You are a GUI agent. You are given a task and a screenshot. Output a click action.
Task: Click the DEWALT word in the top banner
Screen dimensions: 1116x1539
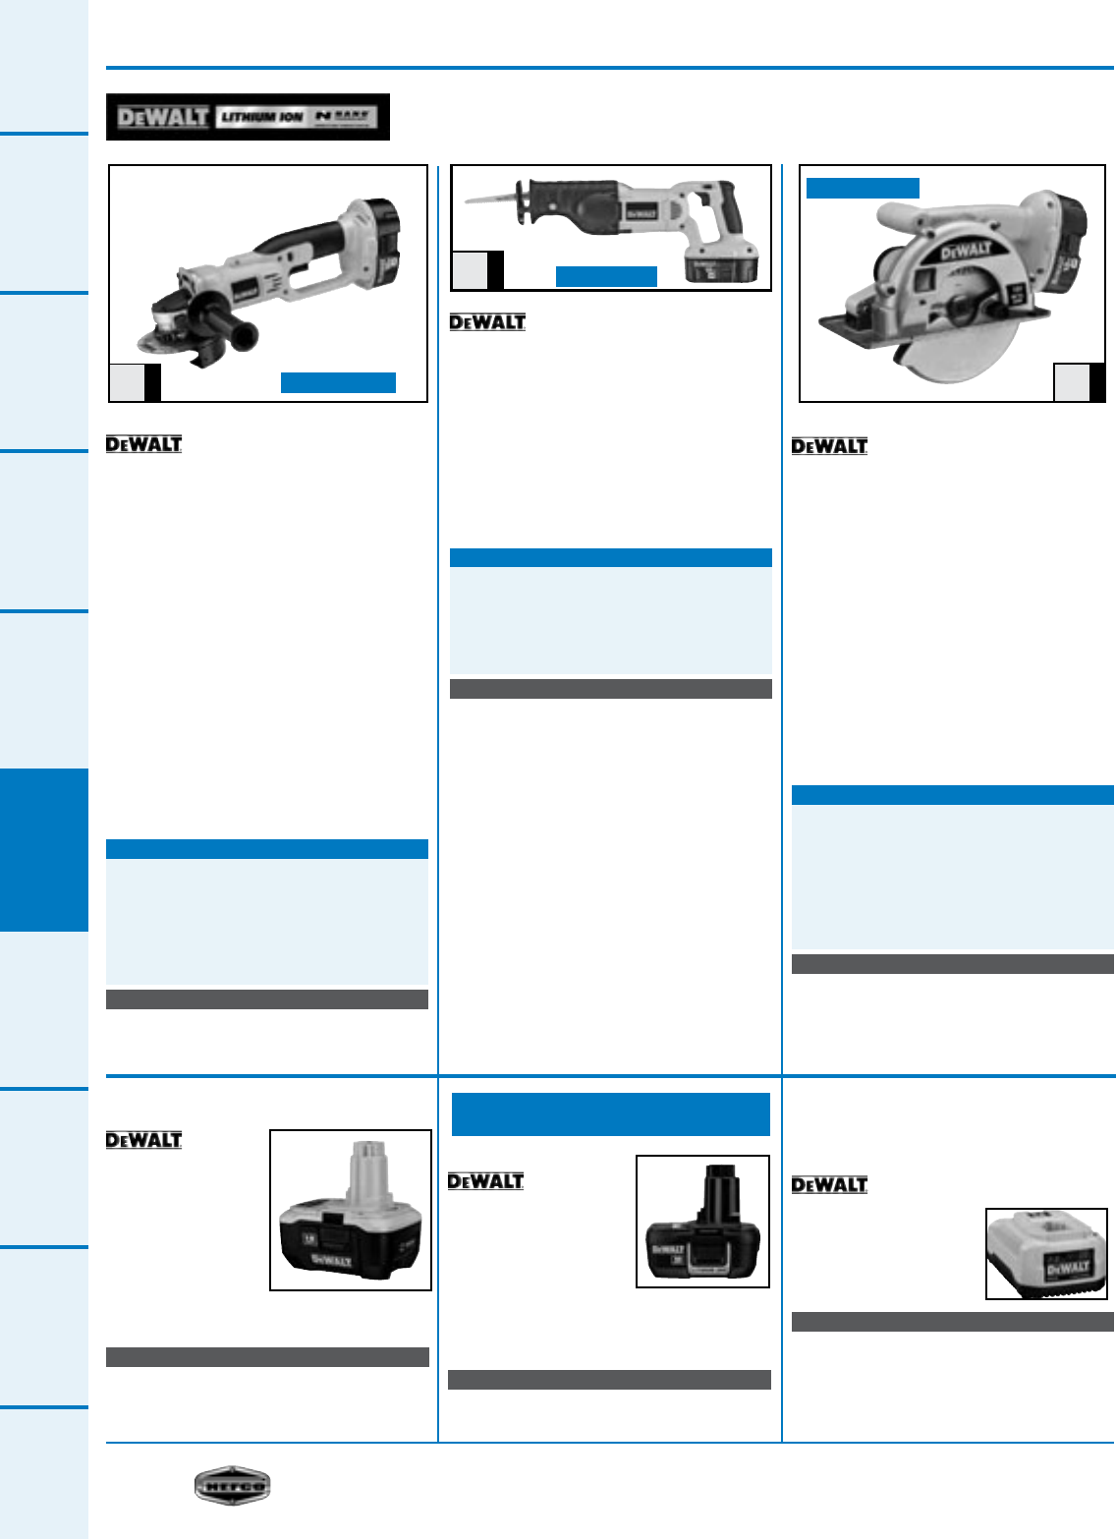(x=162, y=117)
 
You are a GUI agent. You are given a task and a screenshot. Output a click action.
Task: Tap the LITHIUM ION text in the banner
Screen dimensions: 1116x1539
(x=261, y=117)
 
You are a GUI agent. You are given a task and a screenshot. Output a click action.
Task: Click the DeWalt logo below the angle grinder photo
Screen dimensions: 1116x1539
(x=143, y=444)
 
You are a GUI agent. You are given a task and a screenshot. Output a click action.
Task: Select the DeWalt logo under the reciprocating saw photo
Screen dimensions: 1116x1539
(x=487, y=322)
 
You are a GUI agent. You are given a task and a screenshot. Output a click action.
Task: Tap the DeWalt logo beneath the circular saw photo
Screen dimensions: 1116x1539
(x=829, y=446)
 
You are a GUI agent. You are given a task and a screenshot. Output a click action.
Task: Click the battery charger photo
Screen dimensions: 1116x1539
(x=1046, y=1254)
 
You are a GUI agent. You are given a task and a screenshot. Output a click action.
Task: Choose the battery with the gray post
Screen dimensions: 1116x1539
(x=351, y=1211)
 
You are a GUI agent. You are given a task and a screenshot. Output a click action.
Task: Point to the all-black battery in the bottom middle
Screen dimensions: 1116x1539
(x=702, y=1222)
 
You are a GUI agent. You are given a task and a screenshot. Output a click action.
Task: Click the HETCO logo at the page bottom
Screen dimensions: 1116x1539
(x=232, y=1485)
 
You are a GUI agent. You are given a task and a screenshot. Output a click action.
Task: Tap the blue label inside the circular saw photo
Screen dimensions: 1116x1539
(x=863, y=188)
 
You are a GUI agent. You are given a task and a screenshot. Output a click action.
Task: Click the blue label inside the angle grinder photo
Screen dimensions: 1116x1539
(x=338, y=382)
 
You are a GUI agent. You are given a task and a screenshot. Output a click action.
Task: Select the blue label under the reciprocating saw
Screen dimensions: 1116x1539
(x=606, y=276)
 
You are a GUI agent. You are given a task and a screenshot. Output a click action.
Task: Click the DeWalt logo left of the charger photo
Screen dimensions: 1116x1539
(x=829, y=1185)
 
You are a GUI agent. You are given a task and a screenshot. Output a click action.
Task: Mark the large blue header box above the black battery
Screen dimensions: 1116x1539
(x=610, y=1114)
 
